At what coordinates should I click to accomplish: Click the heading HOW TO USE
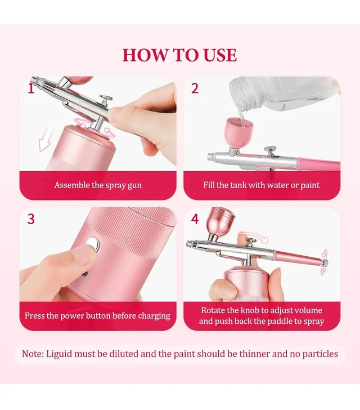point(179,55)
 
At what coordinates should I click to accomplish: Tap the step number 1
point(31,88)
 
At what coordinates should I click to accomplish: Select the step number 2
point(195,88)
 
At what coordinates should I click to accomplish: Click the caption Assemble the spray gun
point(98,185)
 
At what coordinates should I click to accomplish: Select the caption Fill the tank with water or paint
point(261,185)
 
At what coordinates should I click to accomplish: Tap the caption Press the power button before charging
point(97,315)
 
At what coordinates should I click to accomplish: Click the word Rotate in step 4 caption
point(214,310)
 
